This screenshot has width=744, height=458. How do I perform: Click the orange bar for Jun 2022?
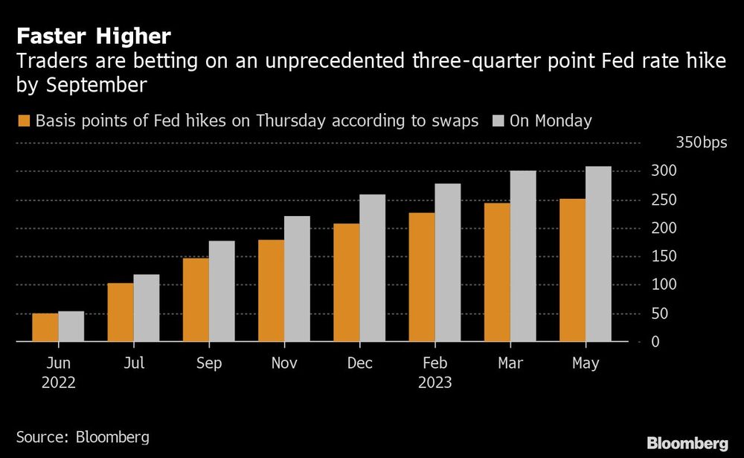click(45, 328)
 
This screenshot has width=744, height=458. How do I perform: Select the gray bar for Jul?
click(147, 308)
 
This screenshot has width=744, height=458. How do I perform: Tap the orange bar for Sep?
click(196, 300)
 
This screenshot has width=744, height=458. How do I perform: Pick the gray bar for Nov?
click(297, 279)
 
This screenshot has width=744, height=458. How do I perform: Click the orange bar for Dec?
click(347, 283)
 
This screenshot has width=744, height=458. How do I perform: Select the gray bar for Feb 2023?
click(448, 263)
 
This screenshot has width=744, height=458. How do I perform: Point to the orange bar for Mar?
click(498, 273)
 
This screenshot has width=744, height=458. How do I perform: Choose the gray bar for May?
click(598, 254)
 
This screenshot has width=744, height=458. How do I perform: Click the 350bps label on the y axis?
click(696, 143)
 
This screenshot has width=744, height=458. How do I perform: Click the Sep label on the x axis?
click(209, 363)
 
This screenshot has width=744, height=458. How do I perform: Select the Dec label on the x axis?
click(360, 363)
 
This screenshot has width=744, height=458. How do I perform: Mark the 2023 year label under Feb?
click(435, 384)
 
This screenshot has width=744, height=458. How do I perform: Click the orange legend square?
click(24, 121)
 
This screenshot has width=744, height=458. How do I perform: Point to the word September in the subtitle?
click(81, 84)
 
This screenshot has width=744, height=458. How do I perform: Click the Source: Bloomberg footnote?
click(83, 436)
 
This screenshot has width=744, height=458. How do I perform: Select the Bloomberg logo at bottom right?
click(687, 443)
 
